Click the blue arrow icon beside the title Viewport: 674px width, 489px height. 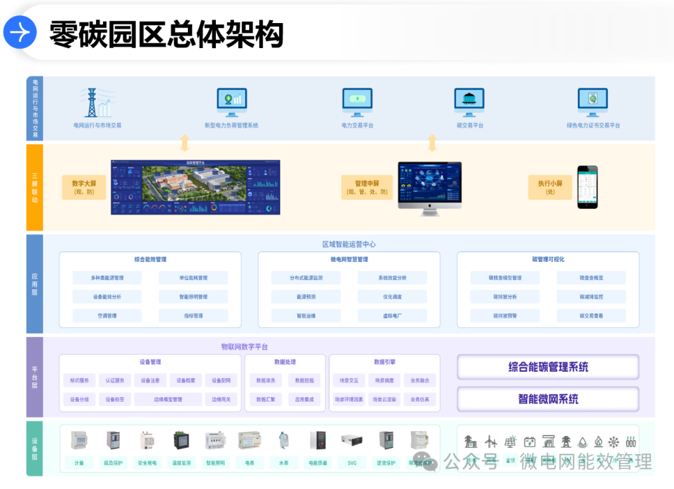(x=20, y=32)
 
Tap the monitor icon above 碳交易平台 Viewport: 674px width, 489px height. (x=469, y=102)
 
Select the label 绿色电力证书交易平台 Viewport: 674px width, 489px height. (x=593, y=125)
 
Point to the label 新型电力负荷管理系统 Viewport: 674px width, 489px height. (x=232, y=125)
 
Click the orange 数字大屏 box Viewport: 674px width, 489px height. (x=84, y=187)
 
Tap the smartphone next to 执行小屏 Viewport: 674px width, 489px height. (x=587, y=187)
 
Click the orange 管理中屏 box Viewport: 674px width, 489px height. (x=367, y=187)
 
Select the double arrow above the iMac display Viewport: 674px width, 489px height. (x=432, y=143)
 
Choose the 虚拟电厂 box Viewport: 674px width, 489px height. (x=392, y=316)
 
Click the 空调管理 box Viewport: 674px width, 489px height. (x=107, y=316)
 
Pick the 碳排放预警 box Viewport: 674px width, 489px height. (x=505, y=316)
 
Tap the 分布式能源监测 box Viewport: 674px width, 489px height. (x=306, y=278)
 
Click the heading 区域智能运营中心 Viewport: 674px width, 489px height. (x=349, y=244)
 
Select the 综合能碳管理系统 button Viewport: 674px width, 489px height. (x=548, y=367)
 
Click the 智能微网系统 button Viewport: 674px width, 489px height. (x=548, y=399)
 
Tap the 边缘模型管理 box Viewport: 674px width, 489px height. (x=168, y=399)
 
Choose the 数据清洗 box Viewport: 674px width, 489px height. (x=265, y=380)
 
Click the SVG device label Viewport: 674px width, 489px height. (x=351, y=463)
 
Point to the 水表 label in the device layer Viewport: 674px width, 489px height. (x=283, y=463)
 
